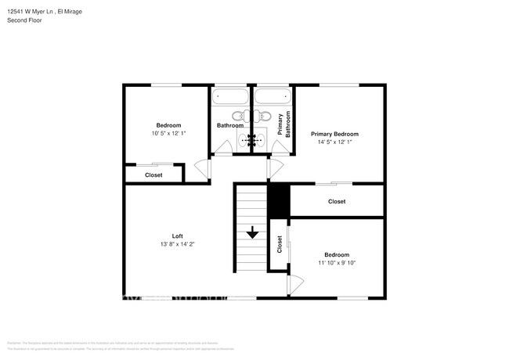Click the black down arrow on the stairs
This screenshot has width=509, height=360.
click(x=253, y=233)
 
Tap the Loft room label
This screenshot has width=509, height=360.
click(x=178, y=236)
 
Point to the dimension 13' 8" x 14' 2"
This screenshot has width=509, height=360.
click(x=178, y=244)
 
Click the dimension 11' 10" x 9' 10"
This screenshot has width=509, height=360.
click(x=337, y=263)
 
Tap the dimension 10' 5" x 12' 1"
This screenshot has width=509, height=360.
click(x=168, y=133)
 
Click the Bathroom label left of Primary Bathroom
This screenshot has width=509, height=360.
click(x=230, y=125)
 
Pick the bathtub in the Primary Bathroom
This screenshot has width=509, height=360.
click(x=272, y=99)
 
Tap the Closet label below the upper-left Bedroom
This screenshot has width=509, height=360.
click(x=153, y=175)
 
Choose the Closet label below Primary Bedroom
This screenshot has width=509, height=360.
click(x=337, y=202)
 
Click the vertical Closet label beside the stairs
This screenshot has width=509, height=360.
click(x=279, y=244)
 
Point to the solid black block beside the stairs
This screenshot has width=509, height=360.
click(x=279, y=202)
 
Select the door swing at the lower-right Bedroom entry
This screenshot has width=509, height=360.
click(x=295, y=285)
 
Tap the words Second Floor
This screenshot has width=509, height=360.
click(x=24, y=20)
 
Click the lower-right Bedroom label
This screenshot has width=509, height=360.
click(x=337, y=255)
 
